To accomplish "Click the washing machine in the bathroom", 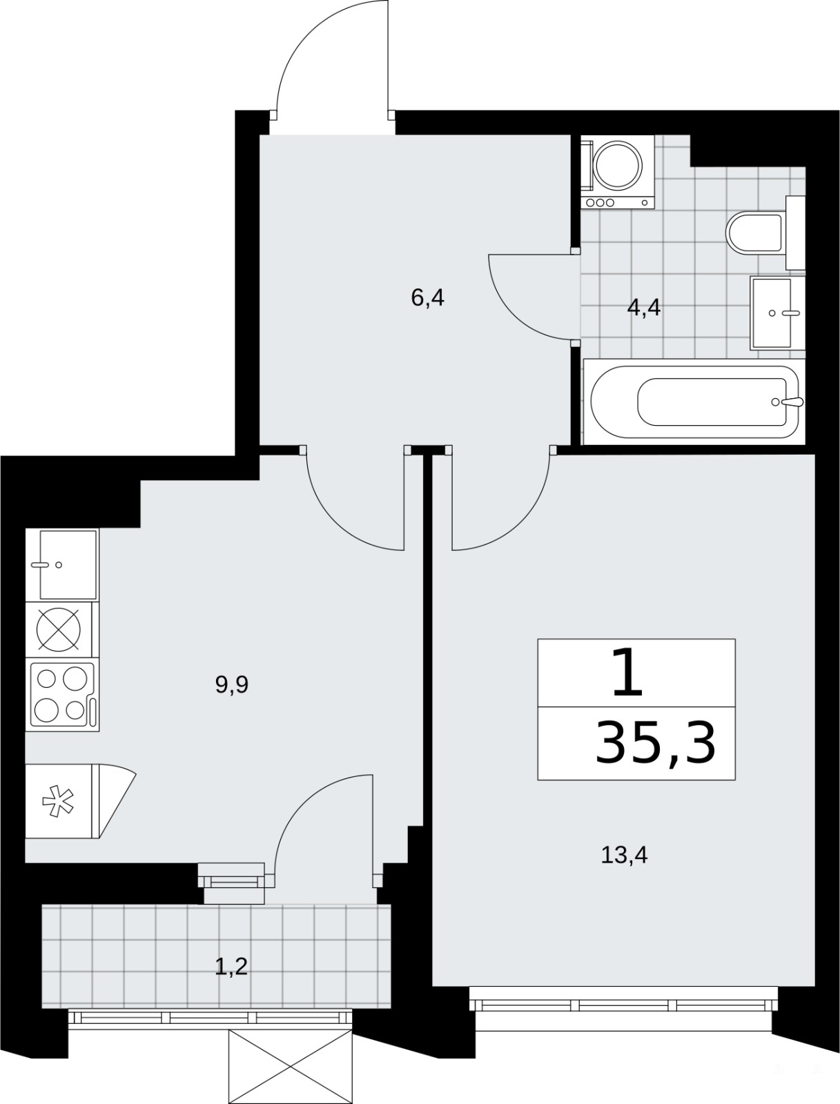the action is [x=617, y=172].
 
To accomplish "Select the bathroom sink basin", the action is [x=777, y=313].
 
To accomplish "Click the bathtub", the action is [x=694, y=402].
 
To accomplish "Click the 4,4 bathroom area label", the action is [x=644, y=307].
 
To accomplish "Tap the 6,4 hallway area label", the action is [x=427, y=298].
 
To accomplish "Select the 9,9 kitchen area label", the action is [x=232, y=684].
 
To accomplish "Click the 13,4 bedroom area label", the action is [x=624, y=855].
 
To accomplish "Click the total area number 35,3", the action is [x=655, y=742].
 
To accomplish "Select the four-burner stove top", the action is [x=62, y=695].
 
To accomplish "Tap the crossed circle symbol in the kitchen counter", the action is [x=59, y=629].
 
